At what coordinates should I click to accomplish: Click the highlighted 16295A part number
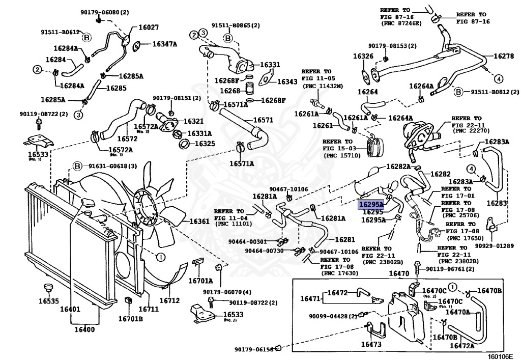[370, 204]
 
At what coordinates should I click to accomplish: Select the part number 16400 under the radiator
[84, 329]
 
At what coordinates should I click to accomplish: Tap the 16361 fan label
[199, 221]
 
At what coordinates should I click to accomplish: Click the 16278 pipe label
[504, 56]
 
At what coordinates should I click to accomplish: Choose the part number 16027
[149, 27]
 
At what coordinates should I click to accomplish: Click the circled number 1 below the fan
[160, 257]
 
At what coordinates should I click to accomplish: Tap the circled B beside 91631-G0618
[77, 166]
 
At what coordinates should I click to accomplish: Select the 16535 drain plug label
[48, 301]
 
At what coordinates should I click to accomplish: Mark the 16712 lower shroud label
[169, 300]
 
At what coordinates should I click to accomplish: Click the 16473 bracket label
[371, 344]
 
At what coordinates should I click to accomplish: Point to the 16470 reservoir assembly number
[399, 273]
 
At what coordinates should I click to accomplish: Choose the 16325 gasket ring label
[205, 144]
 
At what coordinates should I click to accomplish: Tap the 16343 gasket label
[287, 82]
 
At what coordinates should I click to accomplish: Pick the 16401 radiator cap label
[70, 310]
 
